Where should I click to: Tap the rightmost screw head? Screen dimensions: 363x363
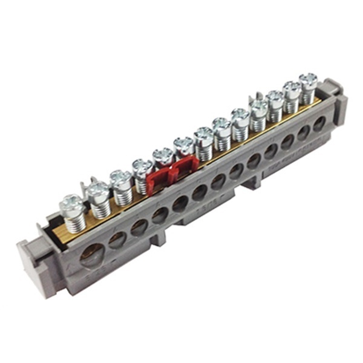pyautogui.click(x=309, y=79)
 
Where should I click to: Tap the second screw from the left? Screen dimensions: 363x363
pyautogui.click(x=97, y=189)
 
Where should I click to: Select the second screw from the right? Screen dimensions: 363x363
pyautogui.click(x=292, y=87)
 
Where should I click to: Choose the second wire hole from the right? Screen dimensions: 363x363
pyautogui.click(x=304, y=132)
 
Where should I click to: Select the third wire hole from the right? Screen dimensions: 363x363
pyautogui.click(x=287, y=142)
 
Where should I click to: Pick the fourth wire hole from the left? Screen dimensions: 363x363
pyautogui.click(x=160, y=215)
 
